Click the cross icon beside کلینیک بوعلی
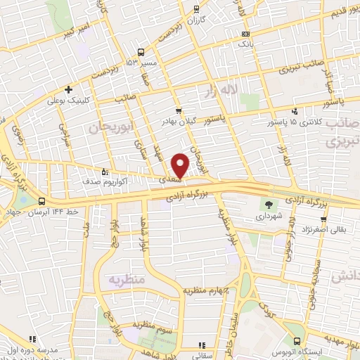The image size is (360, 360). [x=68, y=89]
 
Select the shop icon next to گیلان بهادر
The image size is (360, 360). [x=179, y=110]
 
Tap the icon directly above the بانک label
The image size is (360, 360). [x=245, y=34]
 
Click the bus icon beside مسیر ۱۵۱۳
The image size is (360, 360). [x=141, y=52]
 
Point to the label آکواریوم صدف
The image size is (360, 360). [x=128, y=181]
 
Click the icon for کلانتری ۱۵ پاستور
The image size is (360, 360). [x=295, y=110]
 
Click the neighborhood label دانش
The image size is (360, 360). [x=345, y=276]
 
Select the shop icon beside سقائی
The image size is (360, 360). [x=201, y=345]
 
